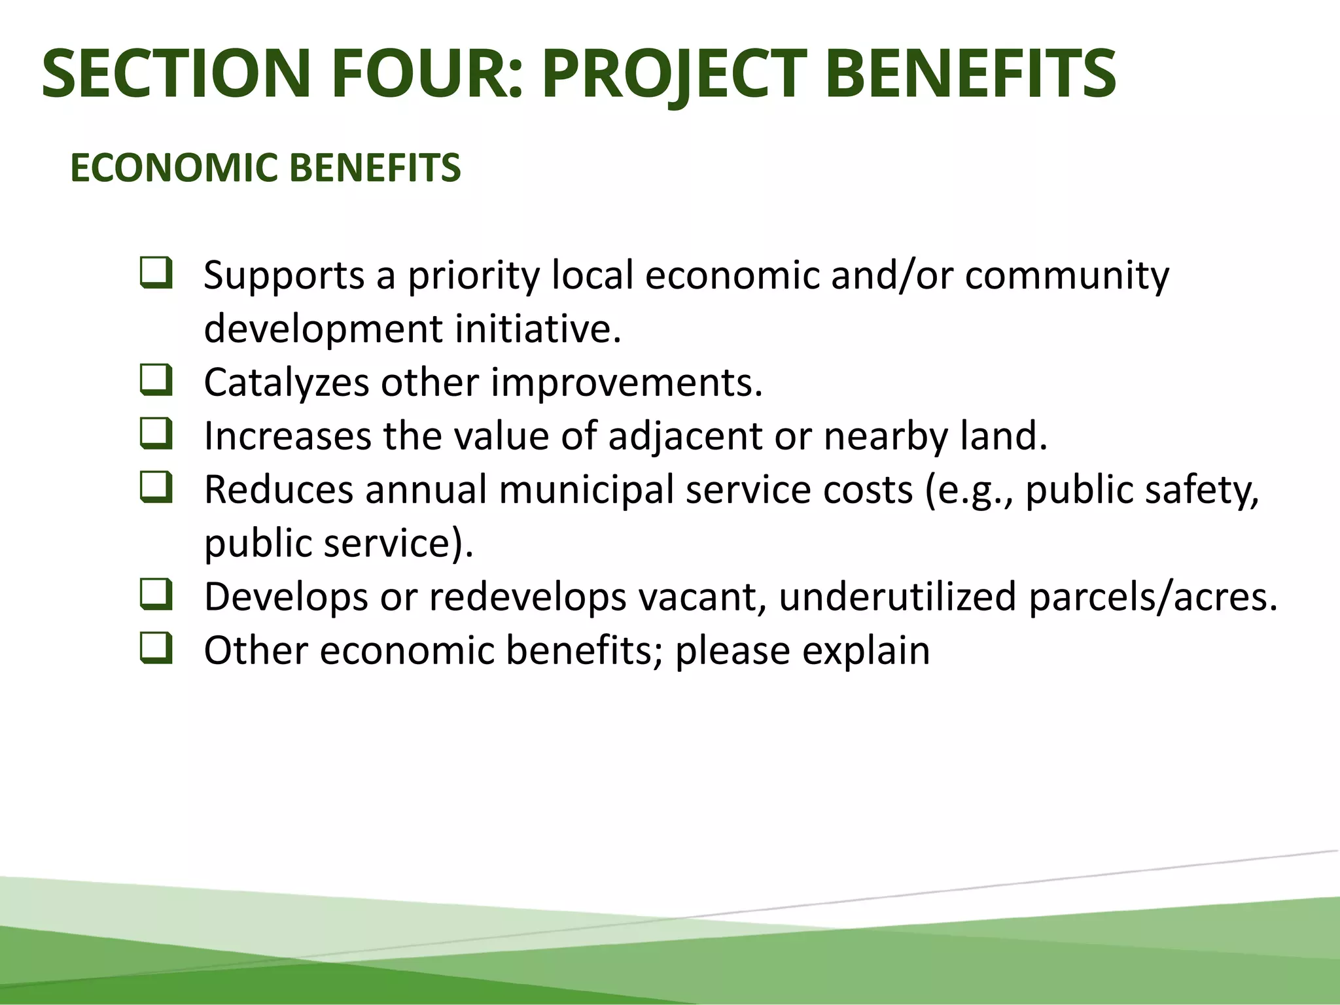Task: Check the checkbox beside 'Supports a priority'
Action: tap(156, 273)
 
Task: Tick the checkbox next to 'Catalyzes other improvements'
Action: tap(156, 381)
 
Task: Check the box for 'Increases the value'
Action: tap(156, 434)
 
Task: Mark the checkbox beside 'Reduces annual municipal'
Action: tap(156, 488)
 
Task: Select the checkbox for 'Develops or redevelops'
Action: tap(156, 595)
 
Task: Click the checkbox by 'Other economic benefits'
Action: tap(156, 649)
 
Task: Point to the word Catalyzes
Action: tap(287, 382)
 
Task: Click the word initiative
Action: tap(538, 328)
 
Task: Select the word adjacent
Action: tap(685, 436)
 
